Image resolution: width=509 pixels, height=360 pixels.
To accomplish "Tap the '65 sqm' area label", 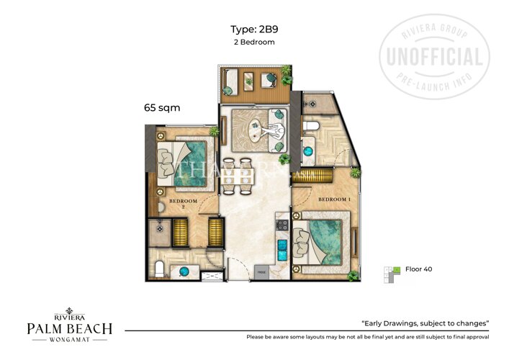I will (161, 107).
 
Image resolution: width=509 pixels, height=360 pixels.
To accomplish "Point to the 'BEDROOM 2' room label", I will (183, 203).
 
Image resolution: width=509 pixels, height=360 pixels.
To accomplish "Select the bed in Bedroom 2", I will (185, 158).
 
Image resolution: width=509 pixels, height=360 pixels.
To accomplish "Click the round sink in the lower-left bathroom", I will (185, 271).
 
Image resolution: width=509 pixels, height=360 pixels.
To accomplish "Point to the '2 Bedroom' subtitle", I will (254, 42).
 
